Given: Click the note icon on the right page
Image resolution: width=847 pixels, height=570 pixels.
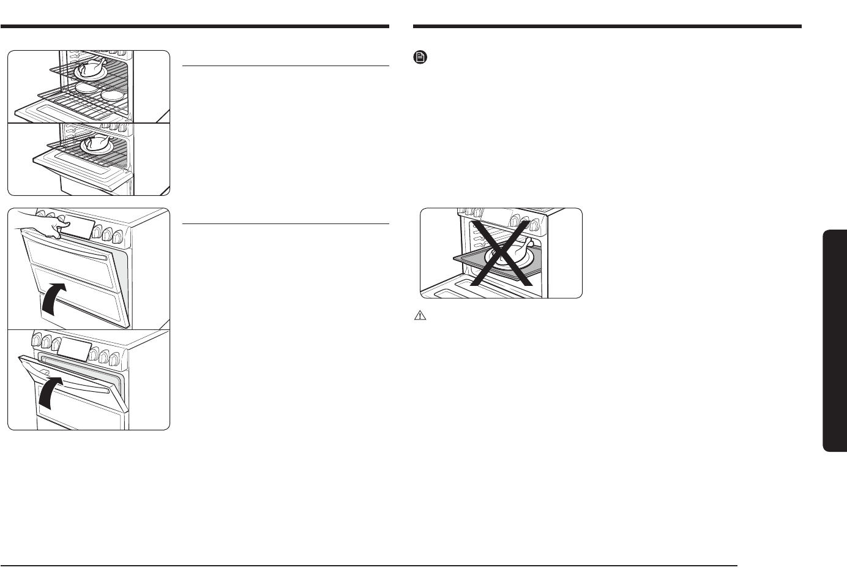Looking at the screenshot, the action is pyautogui.click(x=420, y=58).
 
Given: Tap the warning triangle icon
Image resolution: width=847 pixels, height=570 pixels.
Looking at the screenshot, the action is pyautogui.click(x=420, y=316).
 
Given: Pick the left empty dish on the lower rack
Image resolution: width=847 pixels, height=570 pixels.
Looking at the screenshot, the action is pyautogui.click(x=88, y=89).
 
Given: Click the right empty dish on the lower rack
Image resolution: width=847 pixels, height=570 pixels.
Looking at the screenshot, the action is pyautogui.click(x=113, y=95).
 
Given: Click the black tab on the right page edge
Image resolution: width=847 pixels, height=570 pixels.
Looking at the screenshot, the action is pyautogui.click(x=835, y=340).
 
